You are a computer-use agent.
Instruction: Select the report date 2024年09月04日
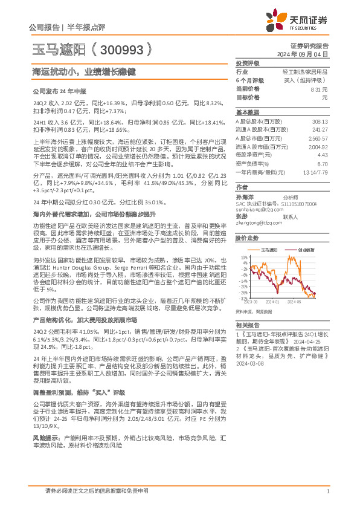tap(309, 53)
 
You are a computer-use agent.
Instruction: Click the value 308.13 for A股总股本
tap(320, 121)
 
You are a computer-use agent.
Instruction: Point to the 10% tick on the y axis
tap(243, 257)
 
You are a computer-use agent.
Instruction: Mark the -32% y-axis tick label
tap(243, 298)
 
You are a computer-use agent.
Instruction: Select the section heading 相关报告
tap(247, 324)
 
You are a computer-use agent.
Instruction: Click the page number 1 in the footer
tap(327, 492)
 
